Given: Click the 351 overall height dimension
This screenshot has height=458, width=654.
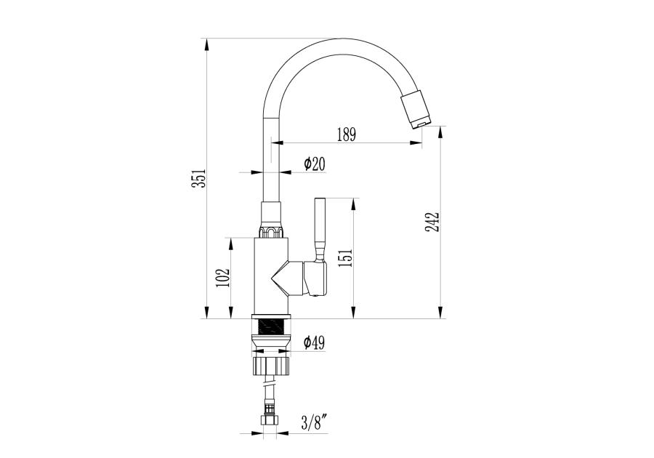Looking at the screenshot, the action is [201, 178].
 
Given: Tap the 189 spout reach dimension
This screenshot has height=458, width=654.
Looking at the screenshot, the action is [346, 134].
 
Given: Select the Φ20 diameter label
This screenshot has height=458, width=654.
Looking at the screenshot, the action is [315, 164].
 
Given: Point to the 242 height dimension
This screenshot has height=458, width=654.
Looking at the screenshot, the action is [432, 222].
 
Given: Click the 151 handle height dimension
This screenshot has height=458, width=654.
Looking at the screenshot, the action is [346, 258].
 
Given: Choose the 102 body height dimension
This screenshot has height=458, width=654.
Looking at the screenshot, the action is [223, 278].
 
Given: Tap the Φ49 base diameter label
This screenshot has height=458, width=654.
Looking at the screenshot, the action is [314, 343].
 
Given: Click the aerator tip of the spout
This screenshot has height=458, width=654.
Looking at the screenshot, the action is [419, 124].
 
